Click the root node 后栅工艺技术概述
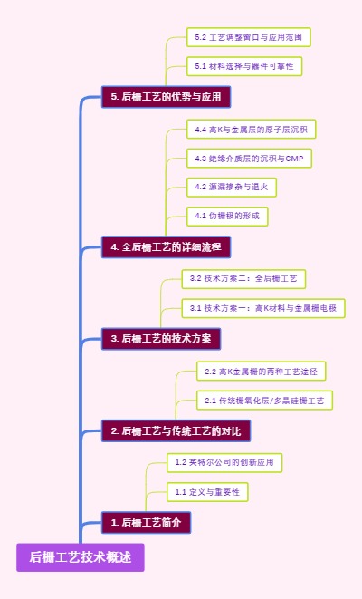[80, 556]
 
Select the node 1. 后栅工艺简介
[146, 523]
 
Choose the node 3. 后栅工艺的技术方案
[161, 339]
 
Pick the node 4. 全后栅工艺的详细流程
[166, 246]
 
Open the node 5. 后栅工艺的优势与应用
[166, 96]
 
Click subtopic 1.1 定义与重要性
[207, 492]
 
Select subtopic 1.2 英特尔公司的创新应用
[224, 462]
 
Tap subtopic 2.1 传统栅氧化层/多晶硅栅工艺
[265, 400]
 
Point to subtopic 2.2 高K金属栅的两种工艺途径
[261, 371]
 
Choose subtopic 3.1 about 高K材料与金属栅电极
[262, 308]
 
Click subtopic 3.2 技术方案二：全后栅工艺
[243, 277]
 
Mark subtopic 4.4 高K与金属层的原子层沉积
[251, 130]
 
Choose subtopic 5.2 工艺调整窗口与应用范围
[249, 37]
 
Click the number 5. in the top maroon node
[115, 96]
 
